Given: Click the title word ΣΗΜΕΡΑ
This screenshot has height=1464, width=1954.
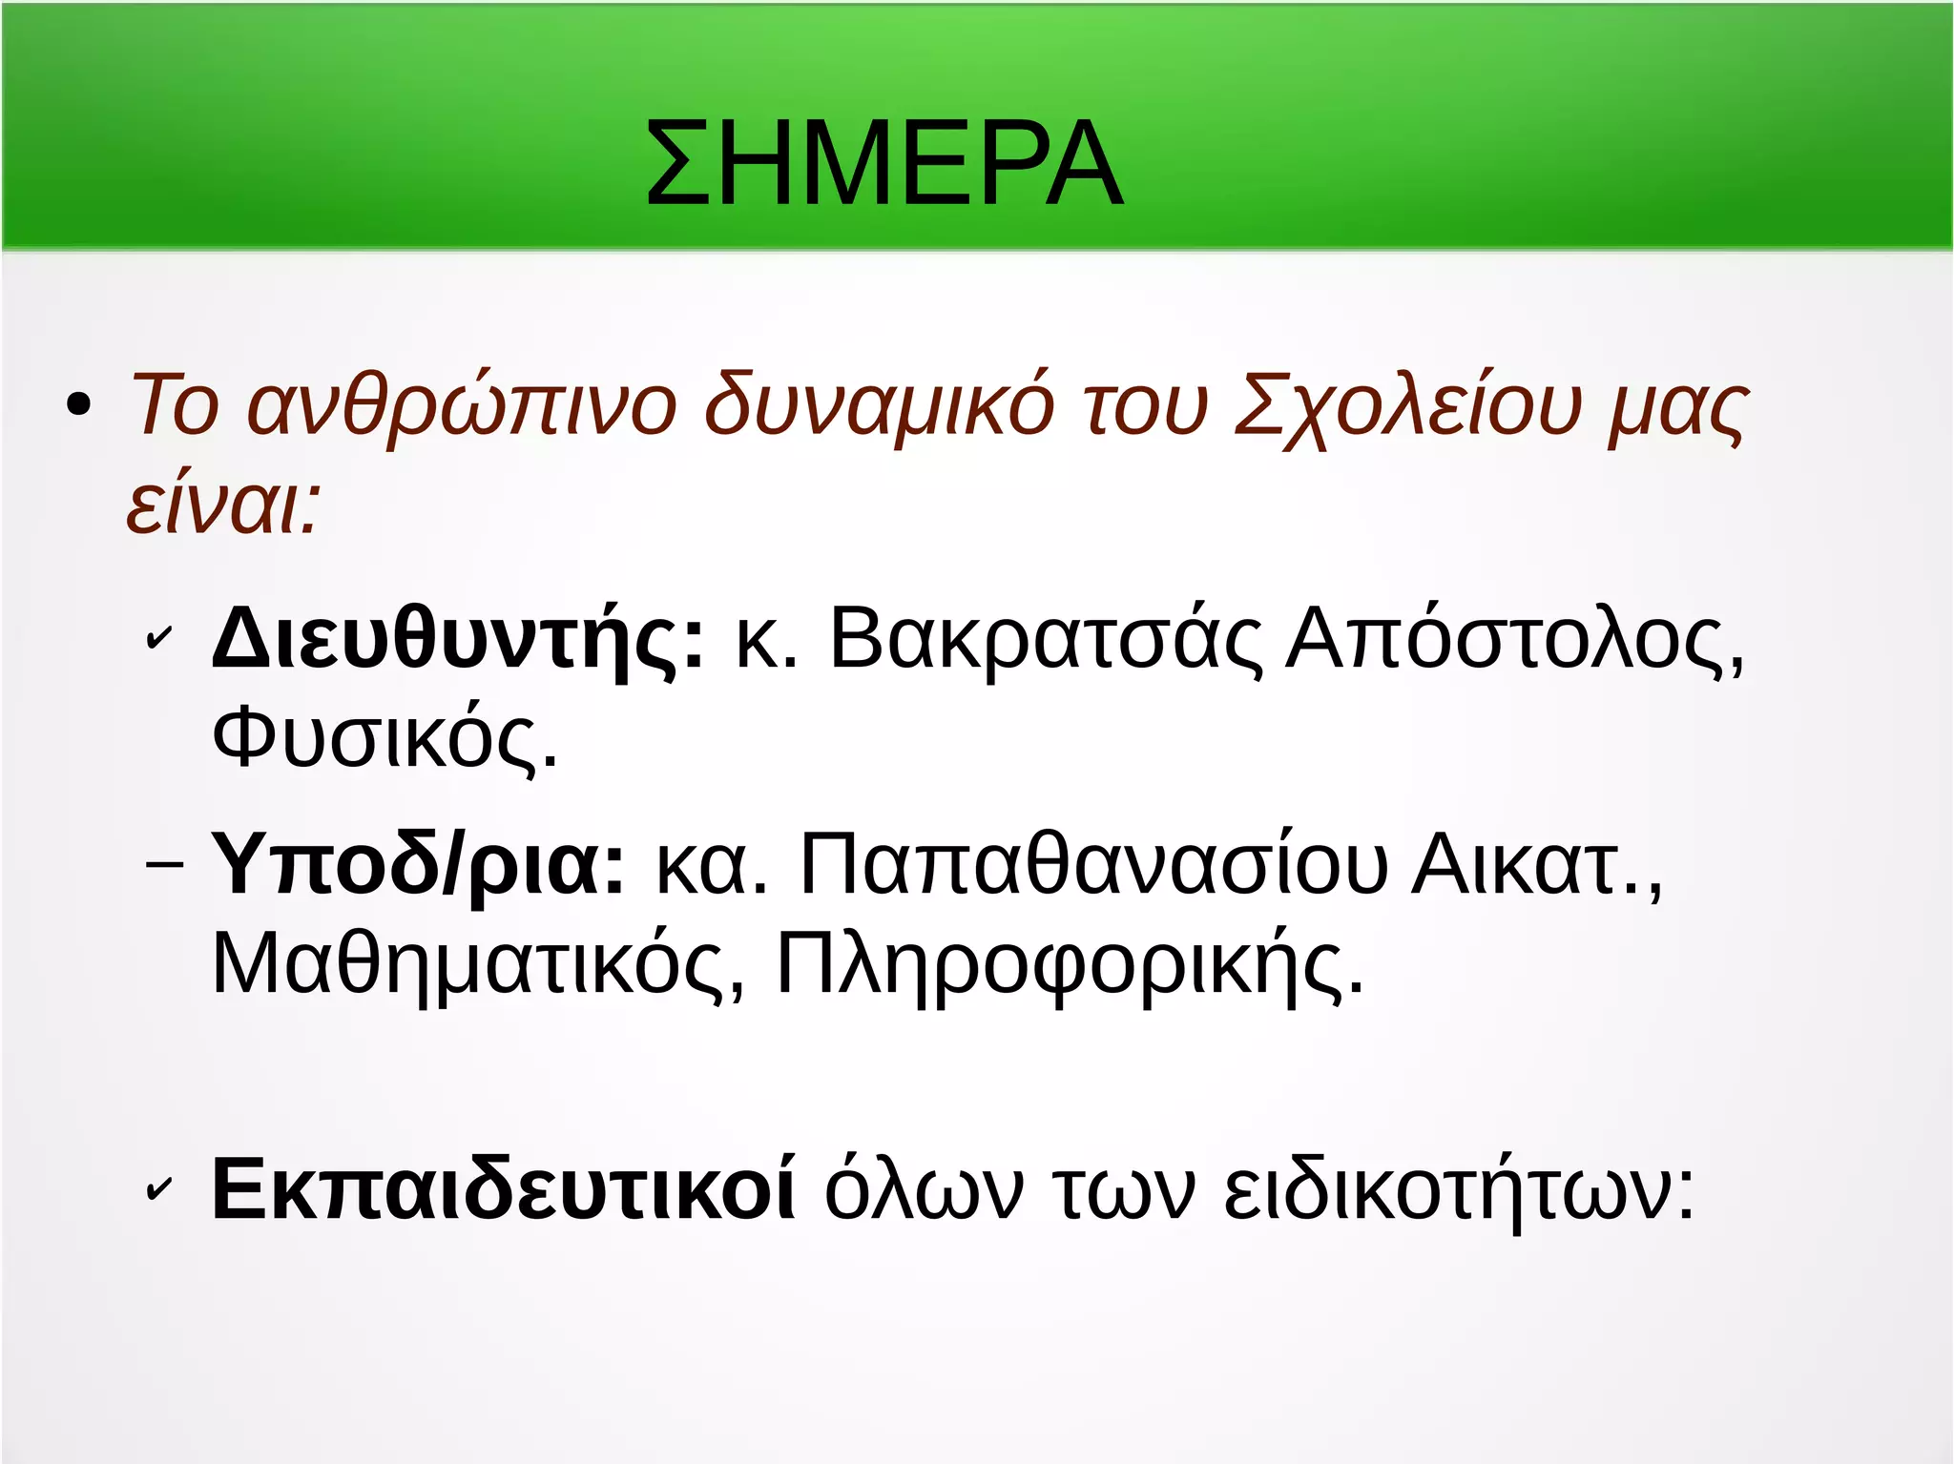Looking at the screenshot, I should click(x=883, y=163).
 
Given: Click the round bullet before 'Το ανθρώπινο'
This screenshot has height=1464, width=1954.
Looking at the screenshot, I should click(x=79, y=405).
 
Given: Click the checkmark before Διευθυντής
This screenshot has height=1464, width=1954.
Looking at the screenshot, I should click(x=158, y=639).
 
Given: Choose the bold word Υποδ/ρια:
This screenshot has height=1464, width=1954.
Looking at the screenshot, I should click(x=418, y=864).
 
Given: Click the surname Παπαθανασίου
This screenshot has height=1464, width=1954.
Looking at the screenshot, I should click(x=1093, y=864).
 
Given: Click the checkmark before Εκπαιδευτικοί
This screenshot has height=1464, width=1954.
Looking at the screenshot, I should click(x=158, y=1189).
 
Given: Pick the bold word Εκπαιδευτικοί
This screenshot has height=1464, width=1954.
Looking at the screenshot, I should click(x=504, y=1189).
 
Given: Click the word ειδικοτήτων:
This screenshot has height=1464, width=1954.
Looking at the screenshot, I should click(x=1460, y=1189).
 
